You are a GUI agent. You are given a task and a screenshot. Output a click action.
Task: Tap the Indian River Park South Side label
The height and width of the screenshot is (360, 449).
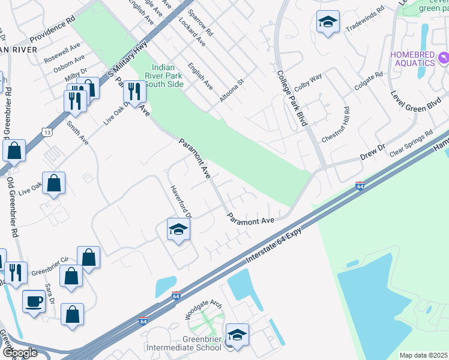164,76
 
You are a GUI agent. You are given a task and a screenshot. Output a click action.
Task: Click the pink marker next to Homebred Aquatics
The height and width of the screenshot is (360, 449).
443,58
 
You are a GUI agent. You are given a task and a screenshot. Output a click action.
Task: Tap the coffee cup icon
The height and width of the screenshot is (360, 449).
34,301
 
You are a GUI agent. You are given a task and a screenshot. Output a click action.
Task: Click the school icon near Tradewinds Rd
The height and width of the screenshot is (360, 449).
327,22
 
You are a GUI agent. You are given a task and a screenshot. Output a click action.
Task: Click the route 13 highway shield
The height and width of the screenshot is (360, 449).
47,131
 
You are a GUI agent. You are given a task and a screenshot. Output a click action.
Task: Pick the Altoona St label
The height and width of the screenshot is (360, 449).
232,89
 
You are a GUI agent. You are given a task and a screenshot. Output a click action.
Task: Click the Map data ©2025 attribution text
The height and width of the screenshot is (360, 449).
423,355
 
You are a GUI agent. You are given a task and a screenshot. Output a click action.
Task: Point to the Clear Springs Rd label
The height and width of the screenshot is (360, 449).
411,143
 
